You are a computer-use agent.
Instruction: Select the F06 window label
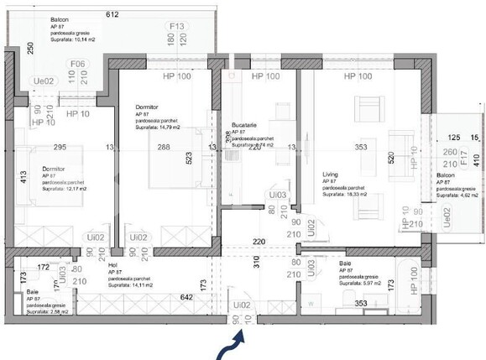pyautogui.click(x=77, y=64)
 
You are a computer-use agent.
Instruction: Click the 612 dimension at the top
pyautogui.click(x=113, y=14)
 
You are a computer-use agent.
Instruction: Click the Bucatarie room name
pyautogui.click(x=245, y=125)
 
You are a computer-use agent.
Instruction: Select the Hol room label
pyautogui.click(x=113, y=263)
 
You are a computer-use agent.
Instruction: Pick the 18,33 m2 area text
pyautogui.click(x=343, y=194)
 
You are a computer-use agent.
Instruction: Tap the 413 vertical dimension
pyautogui.click(x=14, y=179)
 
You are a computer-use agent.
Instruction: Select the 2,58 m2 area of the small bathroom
pyautogui.click(x=44, y=311)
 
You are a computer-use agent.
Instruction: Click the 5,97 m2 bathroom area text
pyautogui.click(x=361, y=284)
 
